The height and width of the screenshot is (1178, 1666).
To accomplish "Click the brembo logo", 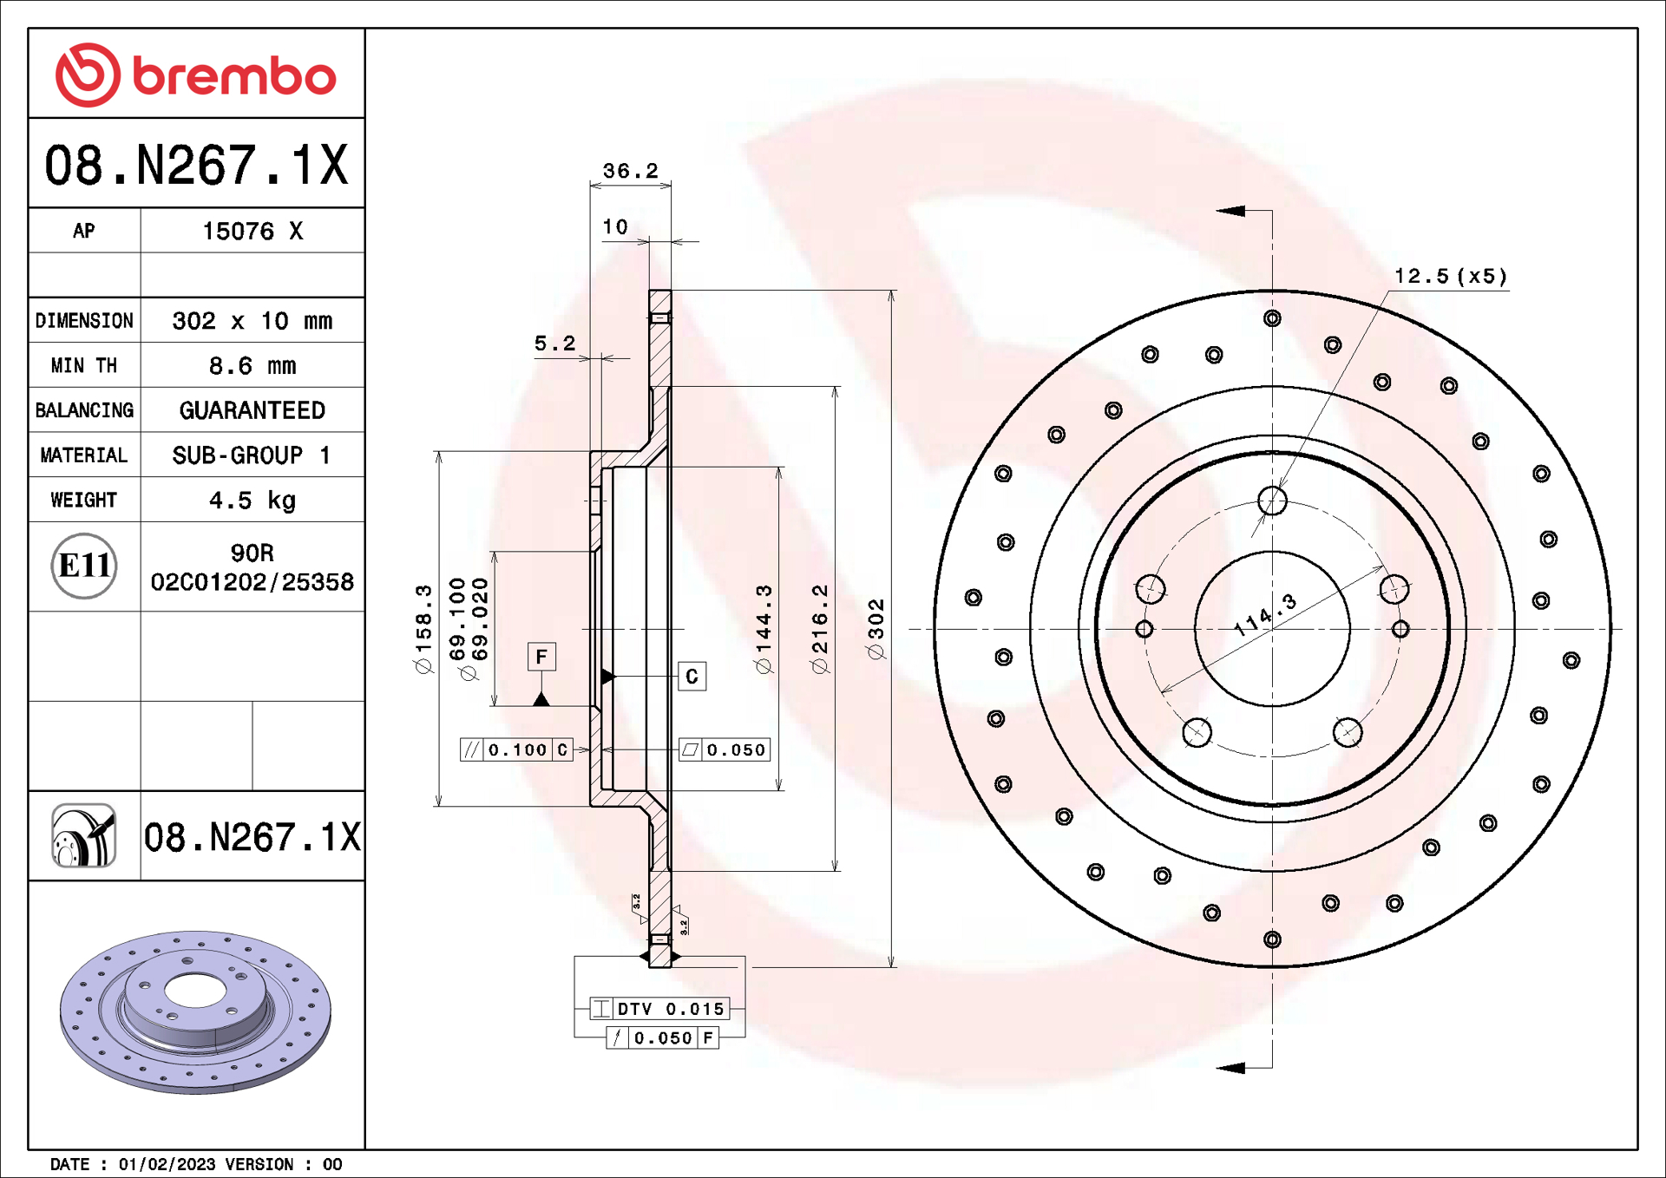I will click(196, 75).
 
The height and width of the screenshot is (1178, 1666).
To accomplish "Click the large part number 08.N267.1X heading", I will click(196, 165).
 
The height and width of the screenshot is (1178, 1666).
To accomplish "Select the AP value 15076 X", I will click(253, 231).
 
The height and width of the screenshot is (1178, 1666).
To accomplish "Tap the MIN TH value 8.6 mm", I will click(253, 365).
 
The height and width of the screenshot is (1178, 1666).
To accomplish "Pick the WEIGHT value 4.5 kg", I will click(253, 500).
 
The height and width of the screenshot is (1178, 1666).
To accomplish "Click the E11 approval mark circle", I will click(84, 566).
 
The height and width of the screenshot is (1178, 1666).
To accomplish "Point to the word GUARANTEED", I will click(253, 410).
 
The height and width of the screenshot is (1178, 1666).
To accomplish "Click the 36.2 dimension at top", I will click(631, 171).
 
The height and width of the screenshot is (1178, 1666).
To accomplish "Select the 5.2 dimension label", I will click(554, 344).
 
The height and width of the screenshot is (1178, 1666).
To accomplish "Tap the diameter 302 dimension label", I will click(876, 629).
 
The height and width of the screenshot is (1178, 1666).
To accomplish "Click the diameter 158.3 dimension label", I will click(423, 629).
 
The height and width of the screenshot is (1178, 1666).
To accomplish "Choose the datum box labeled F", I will click(541, 657).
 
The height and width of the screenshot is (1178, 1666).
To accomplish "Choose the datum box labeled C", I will click(692, 677).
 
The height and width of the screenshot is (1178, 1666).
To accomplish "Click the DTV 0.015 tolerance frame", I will click(659, 1009).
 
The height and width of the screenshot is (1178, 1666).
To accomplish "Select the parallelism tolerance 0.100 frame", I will click(516, 749).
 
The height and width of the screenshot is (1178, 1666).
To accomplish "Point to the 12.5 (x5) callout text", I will click(1451, 276).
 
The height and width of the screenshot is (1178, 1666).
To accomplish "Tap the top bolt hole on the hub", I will click(1272, 501).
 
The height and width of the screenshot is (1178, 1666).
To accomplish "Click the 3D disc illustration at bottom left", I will click(195, 1011).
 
